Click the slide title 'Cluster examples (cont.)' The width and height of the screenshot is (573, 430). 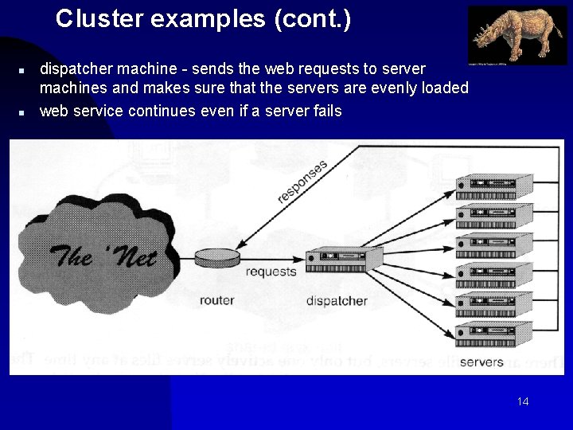[x=203, y=19]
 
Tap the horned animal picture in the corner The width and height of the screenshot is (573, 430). [x=516, y=35]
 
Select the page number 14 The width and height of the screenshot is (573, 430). [x=522, y=401]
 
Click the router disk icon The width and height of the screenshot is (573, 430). [x=217, y=258]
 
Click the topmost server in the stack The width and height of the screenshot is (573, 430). [x=493, y=187]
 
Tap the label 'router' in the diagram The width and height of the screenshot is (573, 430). [x=216, y=300]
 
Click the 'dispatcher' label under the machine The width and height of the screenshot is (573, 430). [x=337, y=301]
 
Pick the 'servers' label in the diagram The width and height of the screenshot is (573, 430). [x=481, y=362]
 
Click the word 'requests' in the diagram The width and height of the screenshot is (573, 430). [x=271, y=272]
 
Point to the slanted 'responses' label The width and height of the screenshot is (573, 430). [x=302, y=182]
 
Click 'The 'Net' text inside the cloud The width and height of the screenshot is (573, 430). [x=103, y=256]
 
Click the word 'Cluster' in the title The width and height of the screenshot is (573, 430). [x=88, y=19]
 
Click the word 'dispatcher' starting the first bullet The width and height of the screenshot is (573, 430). [x=74, y=69]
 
